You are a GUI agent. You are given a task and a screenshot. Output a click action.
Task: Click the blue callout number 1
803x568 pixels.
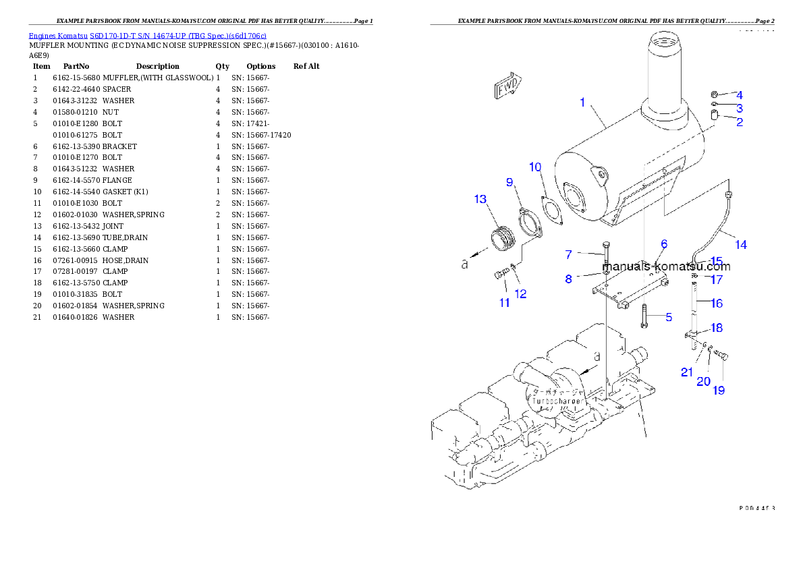[582, 103]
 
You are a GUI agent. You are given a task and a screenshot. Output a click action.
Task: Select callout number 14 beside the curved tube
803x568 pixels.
[741, 245]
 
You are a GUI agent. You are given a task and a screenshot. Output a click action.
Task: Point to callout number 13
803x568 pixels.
[480, 199]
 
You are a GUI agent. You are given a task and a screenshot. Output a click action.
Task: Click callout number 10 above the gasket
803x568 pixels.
[534, 167]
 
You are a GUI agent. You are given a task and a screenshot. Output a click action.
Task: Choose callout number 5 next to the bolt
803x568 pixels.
[669, 317]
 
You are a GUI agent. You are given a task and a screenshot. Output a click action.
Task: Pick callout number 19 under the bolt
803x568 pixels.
[719, 390]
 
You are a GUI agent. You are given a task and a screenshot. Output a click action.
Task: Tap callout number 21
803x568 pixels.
[687, 372]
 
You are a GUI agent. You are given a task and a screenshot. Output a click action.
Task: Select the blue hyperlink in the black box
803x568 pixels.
[147, 35]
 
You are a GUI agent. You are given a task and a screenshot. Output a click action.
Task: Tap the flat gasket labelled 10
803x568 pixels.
[553, 209]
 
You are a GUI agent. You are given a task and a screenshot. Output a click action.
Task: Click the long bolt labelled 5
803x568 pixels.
[644, 316]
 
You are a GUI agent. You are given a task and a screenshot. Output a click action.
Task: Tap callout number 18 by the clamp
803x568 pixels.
[717, 329]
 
